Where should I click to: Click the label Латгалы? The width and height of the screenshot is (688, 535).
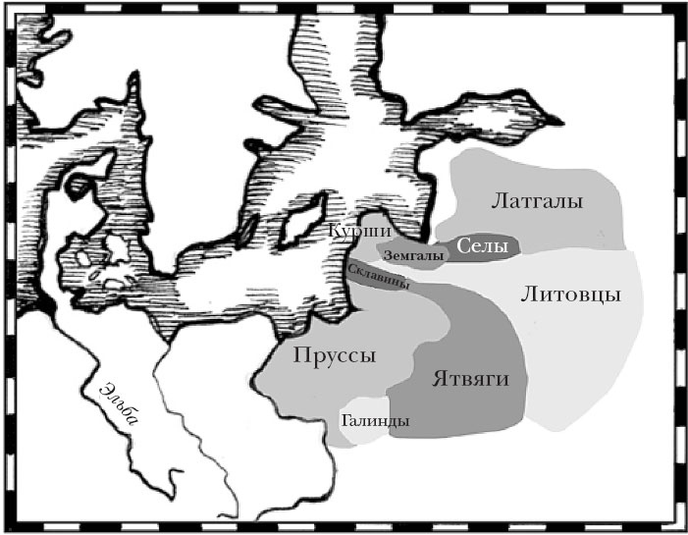coord(535,201)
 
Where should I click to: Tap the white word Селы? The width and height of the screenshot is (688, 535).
coord(482,244)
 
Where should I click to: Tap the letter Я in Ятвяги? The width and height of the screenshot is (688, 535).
coord(436,378)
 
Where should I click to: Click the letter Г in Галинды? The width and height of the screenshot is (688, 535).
coord(345,420)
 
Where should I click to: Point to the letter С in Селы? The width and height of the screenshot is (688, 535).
coord(464,244)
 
